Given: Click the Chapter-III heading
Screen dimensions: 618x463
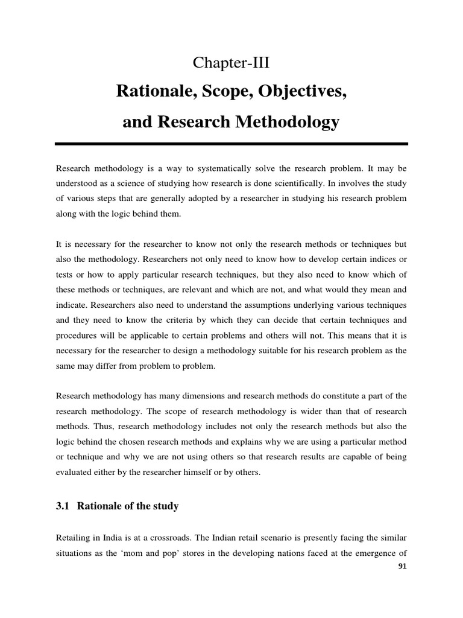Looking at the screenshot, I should tap(231, 63).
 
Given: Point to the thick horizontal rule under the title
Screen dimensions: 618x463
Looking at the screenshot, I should tap(231, 144).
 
